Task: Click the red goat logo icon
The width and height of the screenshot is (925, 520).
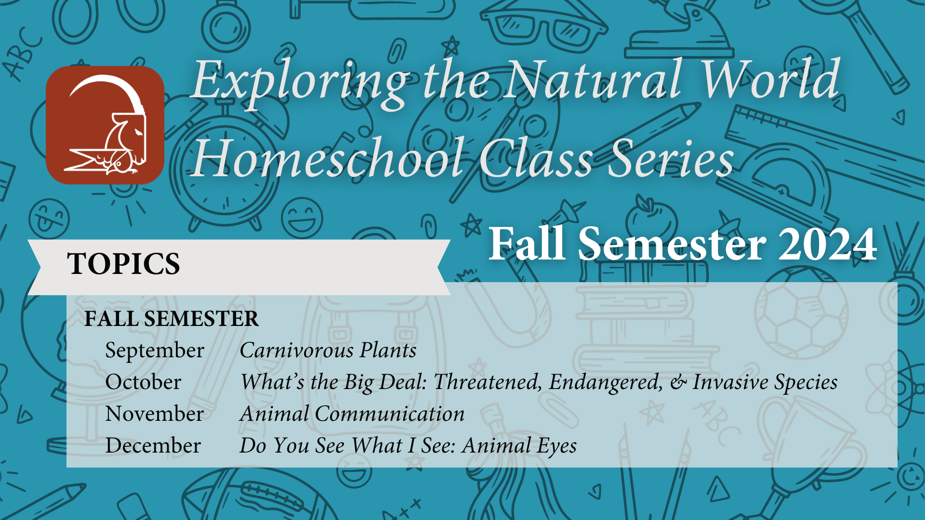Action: (x=105, y=125)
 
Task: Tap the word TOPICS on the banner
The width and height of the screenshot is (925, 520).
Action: (x=124, y=264)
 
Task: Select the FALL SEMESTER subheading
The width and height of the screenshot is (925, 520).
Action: (x=172, y=319)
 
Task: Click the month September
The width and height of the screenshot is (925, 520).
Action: (x=155, y=351)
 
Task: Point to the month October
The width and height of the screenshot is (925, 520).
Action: (x=143, y=382)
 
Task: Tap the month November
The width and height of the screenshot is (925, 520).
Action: (x=155, y=414)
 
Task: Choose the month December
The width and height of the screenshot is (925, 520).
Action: (x=153, y=446)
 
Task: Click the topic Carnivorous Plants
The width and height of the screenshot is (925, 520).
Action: (x=328, y=351)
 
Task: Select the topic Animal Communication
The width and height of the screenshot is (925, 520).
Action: (x=352, y=414)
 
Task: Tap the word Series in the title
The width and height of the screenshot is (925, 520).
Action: (x=670, y=158)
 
